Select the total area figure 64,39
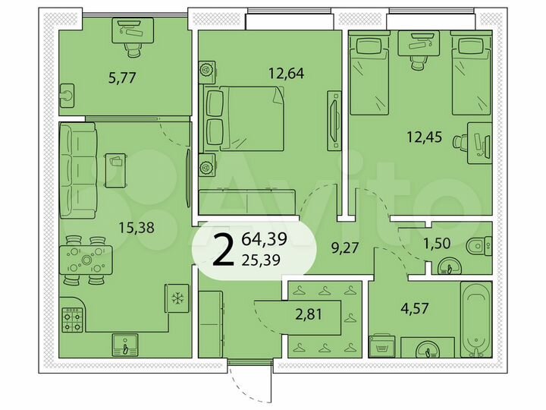(x=265, y=241)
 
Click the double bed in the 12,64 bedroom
(x=243, y=118)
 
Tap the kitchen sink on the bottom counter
(x=124, y=345)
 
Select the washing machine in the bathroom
(x=381, y=346)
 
